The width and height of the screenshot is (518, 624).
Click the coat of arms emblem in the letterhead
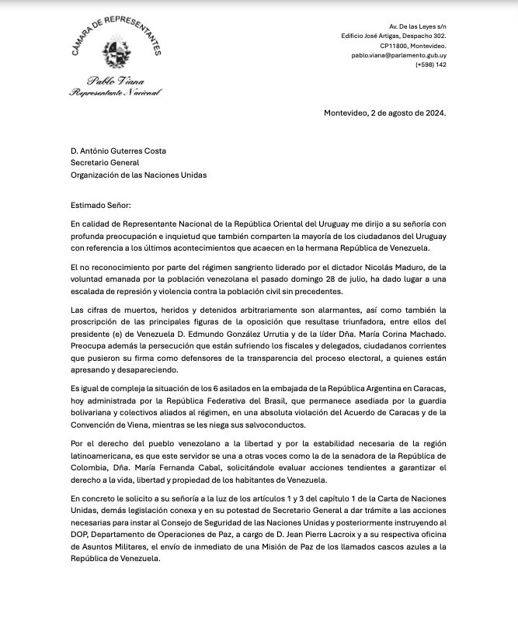tap(115, 50)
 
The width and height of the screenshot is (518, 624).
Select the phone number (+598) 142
tap(432, 66)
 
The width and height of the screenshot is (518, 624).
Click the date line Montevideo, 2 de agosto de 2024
tap(384, 113)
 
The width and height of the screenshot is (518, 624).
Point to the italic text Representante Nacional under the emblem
tap(115, 92)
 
